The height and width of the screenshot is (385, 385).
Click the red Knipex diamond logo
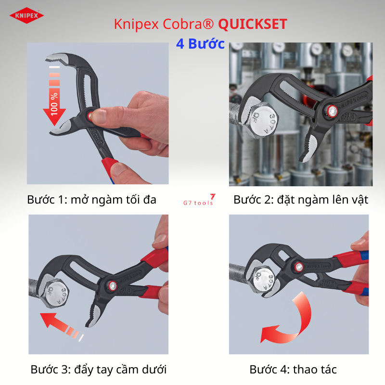[x=26, y=15]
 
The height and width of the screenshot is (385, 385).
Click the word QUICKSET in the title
[x=253, y=25]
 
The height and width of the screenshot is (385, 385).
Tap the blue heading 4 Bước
[x=200, y=44]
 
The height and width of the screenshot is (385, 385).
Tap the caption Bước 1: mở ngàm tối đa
[x=91, y=200]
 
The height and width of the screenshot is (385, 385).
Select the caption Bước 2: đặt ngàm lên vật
[x=301, y=200]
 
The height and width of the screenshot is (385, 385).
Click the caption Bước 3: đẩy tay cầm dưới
[x=99, y=370]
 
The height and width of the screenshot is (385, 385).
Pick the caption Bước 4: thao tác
[x=293, y=370]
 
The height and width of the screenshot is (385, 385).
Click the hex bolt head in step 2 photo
[x=263, y=121]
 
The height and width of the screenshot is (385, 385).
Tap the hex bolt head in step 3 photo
[x=56, y=293]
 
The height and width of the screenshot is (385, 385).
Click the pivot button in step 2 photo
[x=332, y=111]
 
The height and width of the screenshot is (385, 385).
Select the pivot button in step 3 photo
[x=113, y=285]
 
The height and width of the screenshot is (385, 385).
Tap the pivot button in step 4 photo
[x=299, y=267]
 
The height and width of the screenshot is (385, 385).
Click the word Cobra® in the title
[x=188, y=25]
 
